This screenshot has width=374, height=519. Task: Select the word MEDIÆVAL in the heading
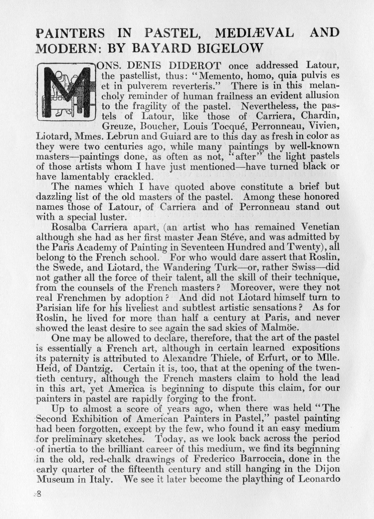click(x=254, y=33)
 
